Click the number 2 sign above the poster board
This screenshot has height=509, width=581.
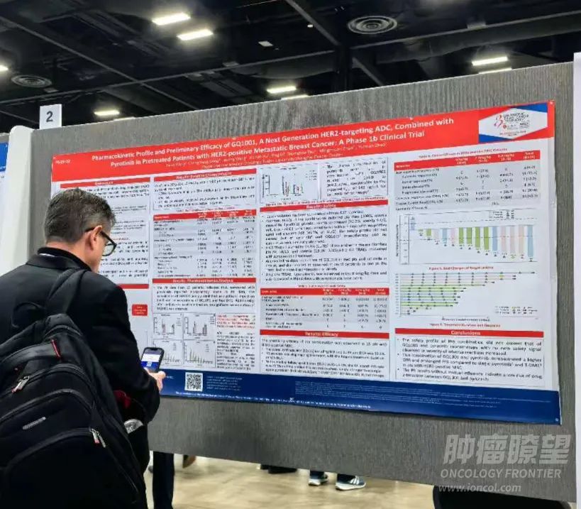tap(50, 116)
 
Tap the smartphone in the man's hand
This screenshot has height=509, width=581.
tap(151, 359)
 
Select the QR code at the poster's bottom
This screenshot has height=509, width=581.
tap(194, 381)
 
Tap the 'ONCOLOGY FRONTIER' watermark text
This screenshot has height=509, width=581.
tap(501, 474)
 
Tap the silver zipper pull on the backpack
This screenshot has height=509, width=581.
tap(133, 425)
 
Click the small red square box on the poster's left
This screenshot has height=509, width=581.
tap(140, 309)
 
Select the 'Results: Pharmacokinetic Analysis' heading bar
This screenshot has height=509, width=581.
tap(204, 280)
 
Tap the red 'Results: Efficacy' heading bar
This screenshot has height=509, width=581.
tap(323, 333)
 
